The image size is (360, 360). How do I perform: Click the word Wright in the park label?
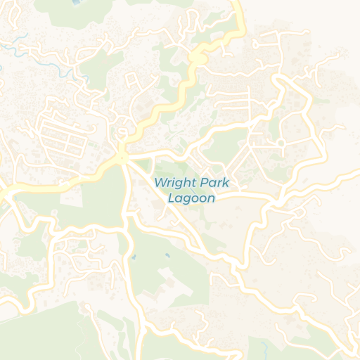pyautogui.click(x=174, y=183)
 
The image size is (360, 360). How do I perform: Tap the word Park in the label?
pyautogui.click(x=215, y=183)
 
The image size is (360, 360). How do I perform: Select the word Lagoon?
pyautogui.click(x=191, y=198)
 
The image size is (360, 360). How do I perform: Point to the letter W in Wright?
pyautogui.click(x=160, y=183)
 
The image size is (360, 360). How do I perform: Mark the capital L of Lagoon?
pyautogui.click(x=172, y=198)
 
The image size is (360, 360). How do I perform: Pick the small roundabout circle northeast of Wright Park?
pyautogui.click(x=281, y=143)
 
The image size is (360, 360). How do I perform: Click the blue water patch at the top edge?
pyautogui.click(x=76, y=2)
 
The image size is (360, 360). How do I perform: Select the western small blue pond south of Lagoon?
pyautogui.click(x=133, y=258)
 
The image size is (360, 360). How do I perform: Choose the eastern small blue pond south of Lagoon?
pyautogui.click(x=167, y=254)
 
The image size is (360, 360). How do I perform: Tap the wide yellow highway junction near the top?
pyautogui.click(x=199, y=56)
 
